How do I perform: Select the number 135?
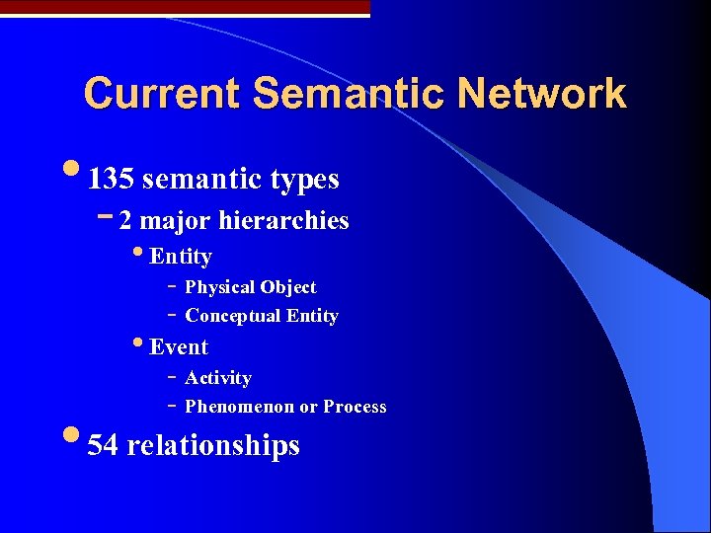[x=111, y=180]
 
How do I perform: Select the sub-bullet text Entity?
[x=181, y=257]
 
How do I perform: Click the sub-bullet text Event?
[x=179, y=347]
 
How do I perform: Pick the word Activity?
[x=218, y=378]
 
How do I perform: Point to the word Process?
[x=355, y=407]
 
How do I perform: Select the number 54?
[x=103, y=446]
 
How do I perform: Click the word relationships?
[x=213, y=446]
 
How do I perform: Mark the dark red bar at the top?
[x=185, y=7]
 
